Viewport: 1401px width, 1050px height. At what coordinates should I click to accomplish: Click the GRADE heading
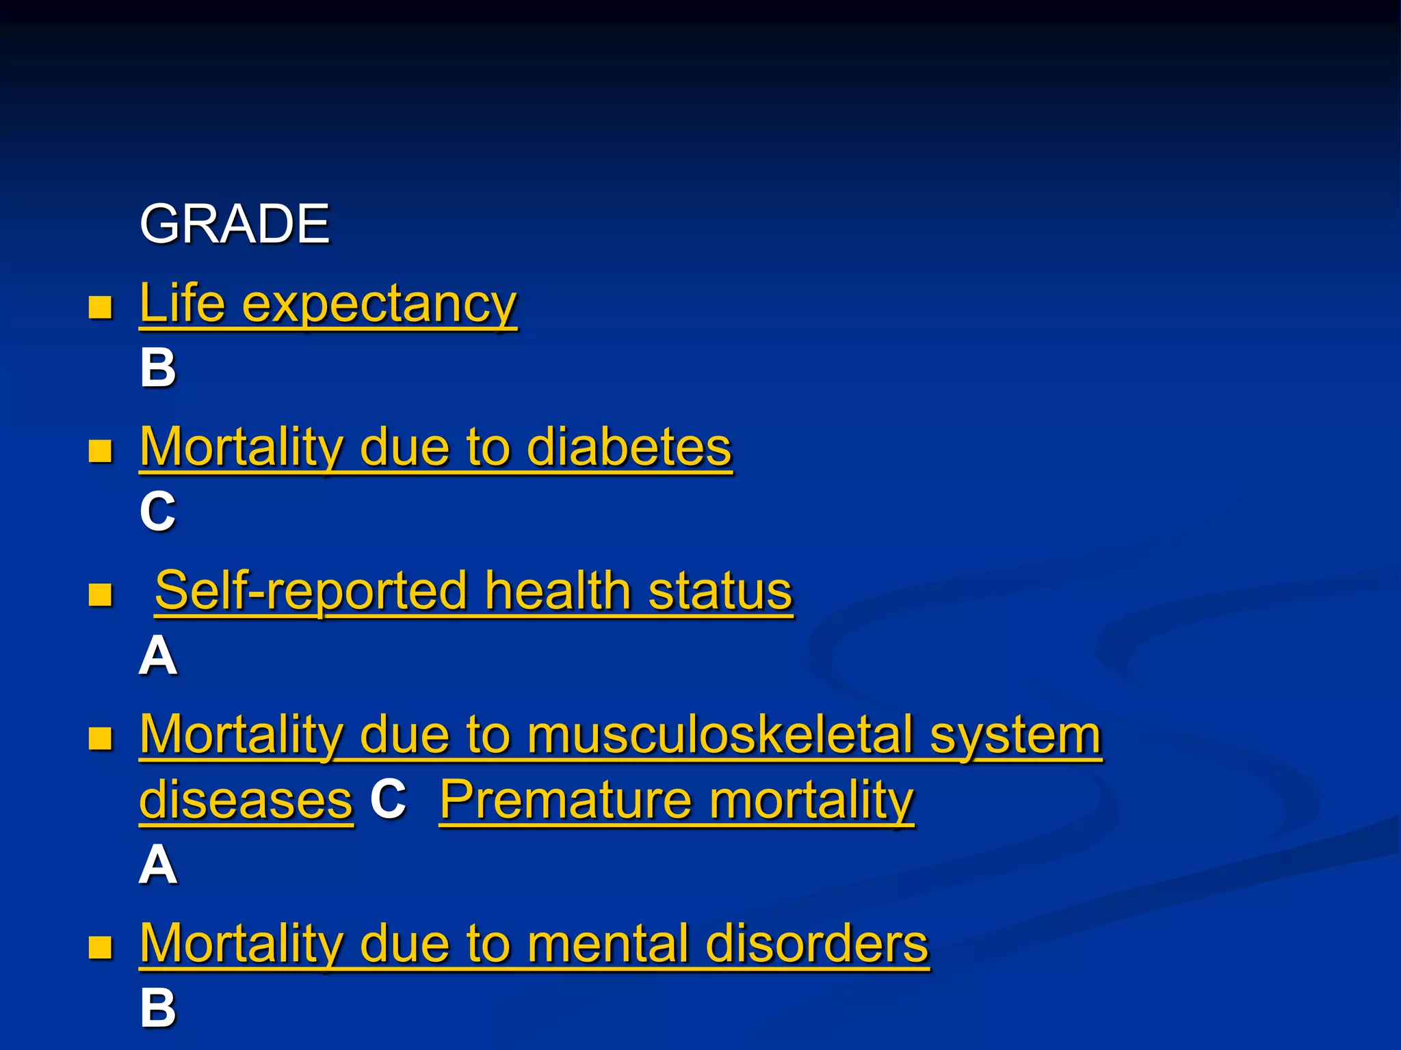pos(235,224)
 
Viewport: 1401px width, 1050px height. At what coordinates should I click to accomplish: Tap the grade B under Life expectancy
pos(158,368)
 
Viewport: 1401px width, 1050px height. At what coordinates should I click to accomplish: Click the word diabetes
pos(629,448)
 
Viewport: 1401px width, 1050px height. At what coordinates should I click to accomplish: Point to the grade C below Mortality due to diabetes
pos(158,511)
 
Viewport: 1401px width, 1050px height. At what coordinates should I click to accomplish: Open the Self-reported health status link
pos(473,591)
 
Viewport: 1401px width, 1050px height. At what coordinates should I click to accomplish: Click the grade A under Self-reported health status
pos(158,656)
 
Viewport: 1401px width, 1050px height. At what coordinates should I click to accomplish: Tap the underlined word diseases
pos(246,800)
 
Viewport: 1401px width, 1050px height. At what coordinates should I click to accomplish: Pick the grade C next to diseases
pos(388,798)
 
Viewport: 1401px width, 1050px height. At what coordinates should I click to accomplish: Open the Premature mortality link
pos(676,800)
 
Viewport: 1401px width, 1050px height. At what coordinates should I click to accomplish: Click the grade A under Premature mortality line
pos(158,865)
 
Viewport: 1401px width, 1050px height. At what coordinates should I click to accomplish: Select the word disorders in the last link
pos(817,944)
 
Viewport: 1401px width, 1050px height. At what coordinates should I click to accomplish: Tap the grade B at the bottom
pos(158,1008)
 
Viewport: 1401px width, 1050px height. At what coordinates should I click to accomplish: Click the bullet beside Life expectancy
pos(101,308)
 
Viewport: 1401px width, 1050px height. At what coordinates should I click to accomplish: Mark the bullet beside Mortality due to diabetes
pos(101,451)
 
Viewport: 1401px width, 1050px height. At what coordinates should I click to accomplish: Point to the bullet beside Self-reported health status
pos(101,595)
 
